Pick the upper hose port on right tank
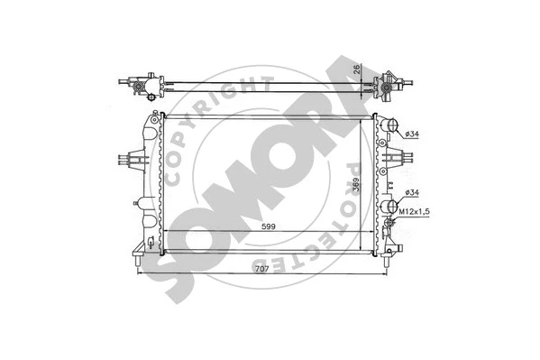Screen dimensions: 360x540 389,126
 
